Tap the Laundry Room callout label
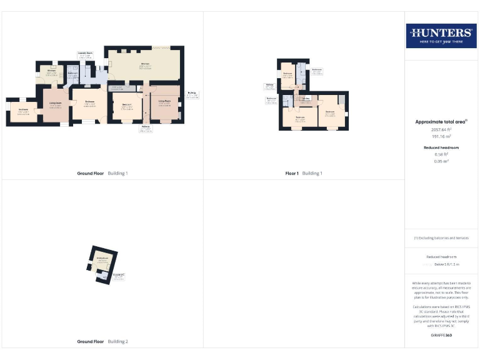point(86,55)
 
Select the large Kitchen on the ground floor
point(144,65)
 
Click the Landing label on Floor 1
point(306,98)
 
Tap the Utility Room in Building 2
point(102,259)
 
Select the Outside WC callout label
point(119,276)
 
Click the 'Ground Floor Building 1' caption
point(102,173)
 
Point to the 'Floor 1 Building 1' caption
point(304,173)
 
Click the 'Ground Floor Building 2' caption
point(102,342)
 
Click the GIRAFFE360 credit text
point(441,336)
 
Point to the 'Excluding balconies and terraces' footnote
point(441,238)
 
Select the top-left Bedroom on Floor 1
point(287,75)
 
